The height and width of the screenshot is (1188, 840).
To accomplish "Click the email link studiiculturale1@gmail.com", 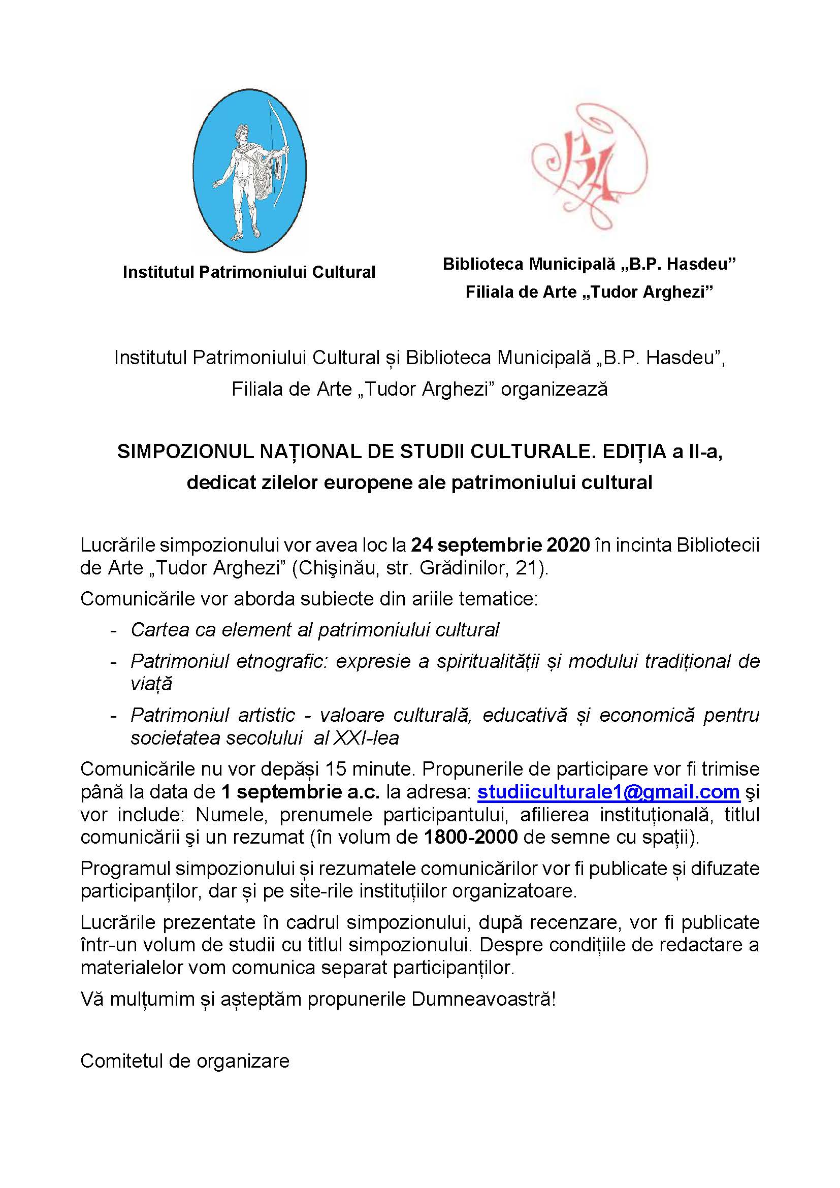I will pos(608,792).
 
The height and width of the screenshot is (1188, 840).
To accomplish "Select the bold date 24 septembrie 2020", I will pos(500,545).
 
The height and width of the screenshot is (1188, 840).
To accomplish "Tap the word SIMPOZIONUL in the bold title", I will pos(184,452).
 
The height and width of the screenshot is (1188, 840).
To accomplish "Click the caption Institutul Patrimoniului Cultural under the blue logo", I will pos(249,272).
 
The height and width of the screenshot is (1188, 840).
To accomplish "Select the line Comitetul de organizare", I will pos(185,1061).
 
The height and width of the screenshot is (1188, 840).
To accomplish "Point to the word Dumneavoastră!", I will pos(483,999).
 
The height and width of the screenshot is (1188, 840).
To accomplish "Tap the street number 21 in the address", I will pos(528,568).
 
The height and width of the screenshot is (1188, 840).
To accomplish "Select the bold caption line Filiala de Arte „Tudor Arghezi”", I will pos(589,293).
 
